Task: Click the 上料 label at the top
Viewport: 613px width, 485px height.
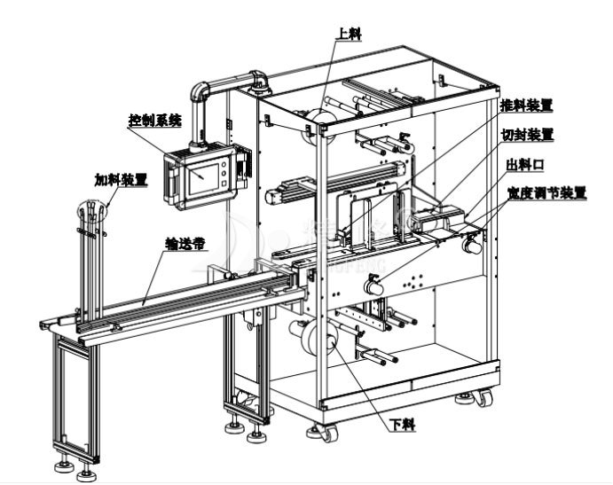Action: (x=349, y=33)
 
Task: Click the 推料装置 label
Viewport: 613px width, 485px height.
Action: (x=526, y=105)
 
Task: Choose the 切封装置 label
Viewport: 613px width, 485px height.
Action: (x=527, y=135)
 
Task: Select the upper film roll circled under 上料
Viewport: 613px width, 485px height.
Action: (x=320, y=119)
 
